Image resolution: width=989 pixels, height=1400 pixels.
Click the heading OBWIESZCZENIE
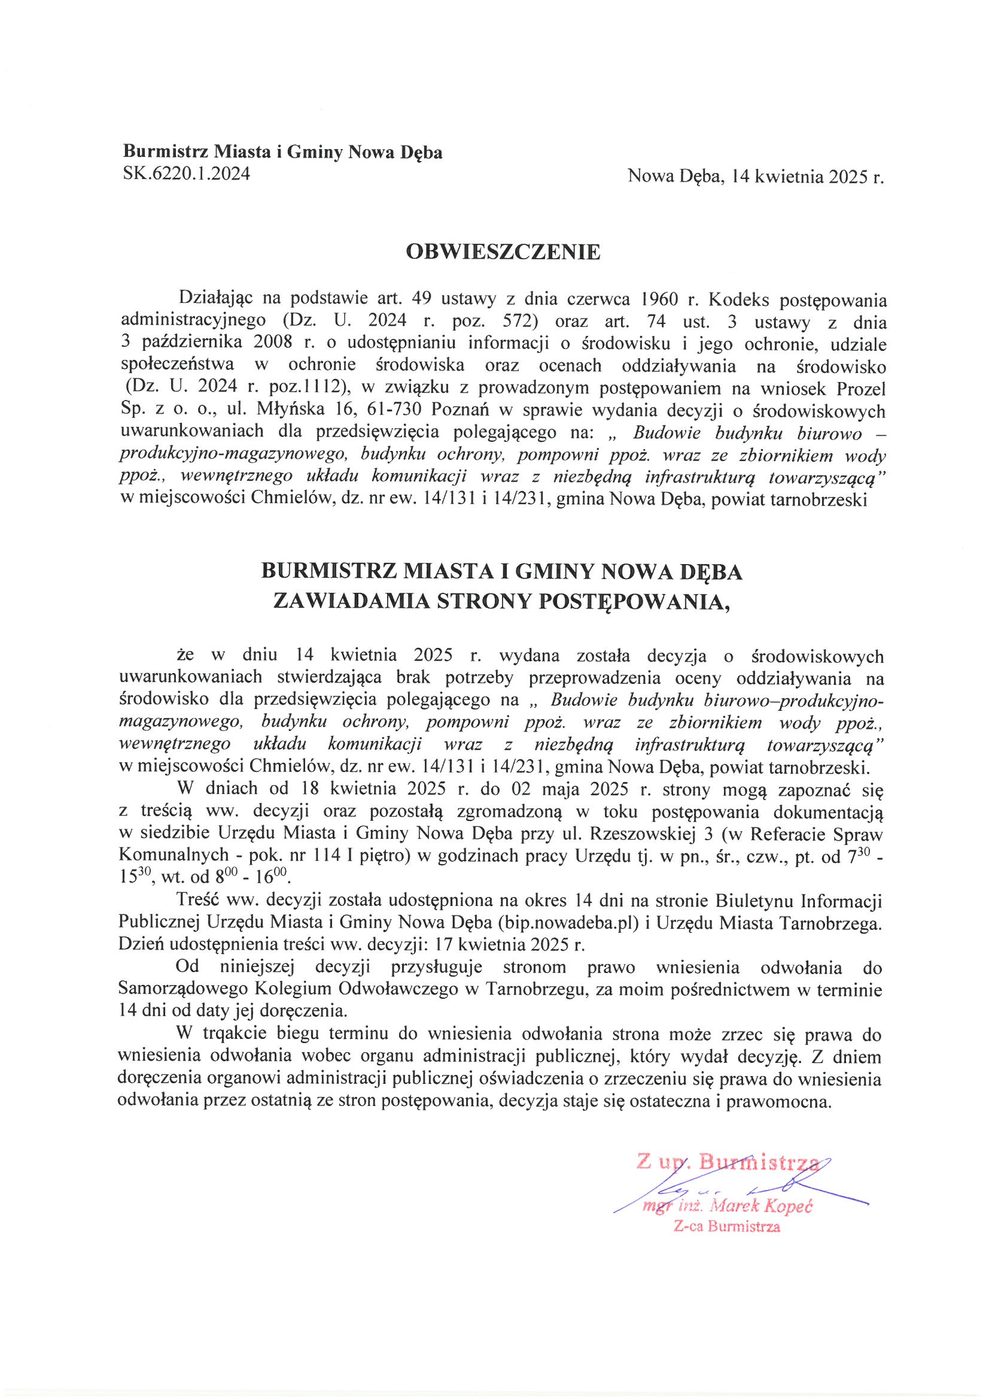tap(503, 252)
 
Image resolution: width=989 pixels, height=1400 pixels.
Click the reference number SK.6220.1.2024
tap(187, 174)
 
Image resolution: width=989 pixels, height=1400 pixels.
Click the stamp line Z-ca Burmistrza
tap(726, 1226)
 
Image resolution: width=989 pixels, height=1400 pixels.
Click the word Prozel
tap(861, 388)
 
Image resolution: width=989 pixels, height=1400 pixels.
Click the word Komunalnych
tap(174, 856)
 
